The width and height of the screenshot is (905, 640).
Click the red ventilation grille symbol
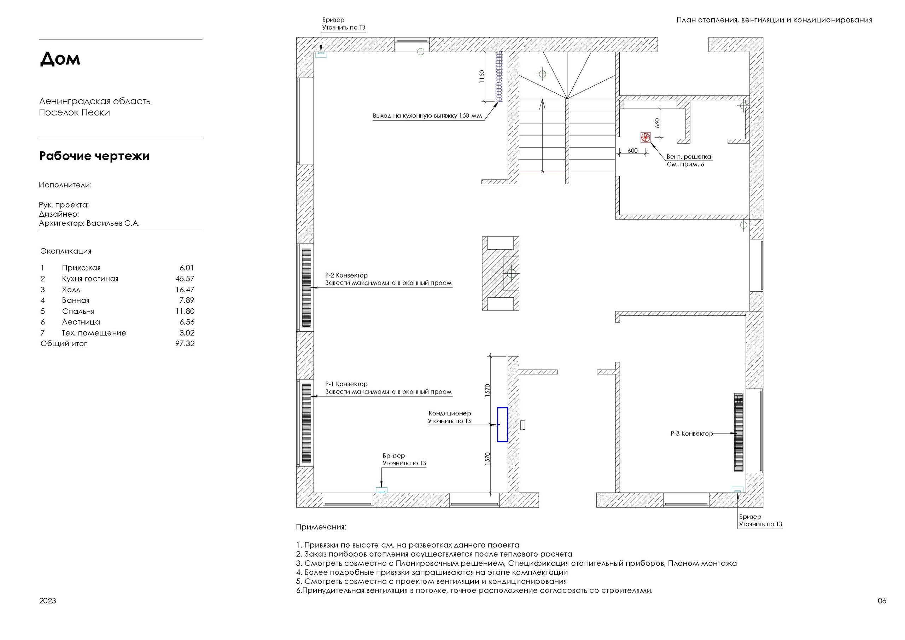pos(646,137)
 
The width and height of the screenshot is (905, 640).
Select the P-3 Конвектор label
pos(692,434)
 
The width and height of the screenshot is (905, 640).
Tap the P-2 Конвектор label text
pos(346,275)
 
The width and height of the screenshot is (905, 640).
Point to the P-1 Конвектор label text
pos(346,384)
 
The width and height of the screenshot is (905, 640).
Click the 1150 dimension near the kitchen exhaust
pos(482,76)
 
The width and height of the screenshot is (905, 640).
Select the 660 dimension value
pos(658,123)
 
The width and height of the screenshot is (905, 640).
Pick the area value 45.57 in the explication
pos(185,279)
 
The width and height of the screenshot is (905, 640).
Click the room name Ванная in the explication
pos(76,301)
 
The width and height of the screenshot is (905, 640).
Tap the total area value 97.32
pos(185,343)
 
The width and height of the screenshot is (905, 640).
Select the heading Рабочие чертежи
pos(94,156)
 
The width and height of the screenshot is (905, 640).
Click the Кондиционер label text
pos(450,413)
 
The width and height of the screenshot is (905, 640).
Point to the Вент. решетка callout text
pos(689,157)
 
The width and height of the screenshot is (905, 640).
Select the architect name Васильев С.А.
pos(113,223)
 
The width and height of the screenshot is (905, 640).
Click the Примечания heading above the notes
pos(321,527)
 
